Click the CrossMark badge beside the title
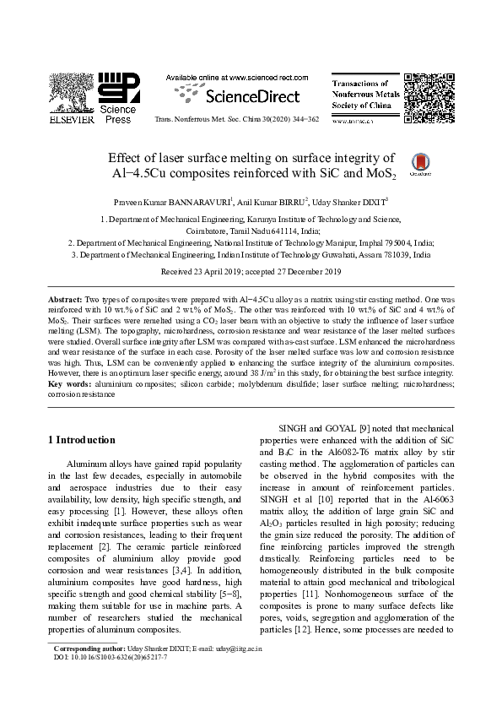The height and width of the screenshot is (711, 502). pos(441,164)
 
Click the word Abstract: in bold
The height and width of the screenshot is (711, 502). pos(64,300)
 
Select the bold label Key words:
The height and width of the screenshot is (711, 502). pos(67,384)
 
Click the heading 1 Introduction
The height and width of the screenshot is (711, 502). pos(81,440)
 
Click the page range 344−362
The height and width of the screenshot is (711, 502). pos(303,121)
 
